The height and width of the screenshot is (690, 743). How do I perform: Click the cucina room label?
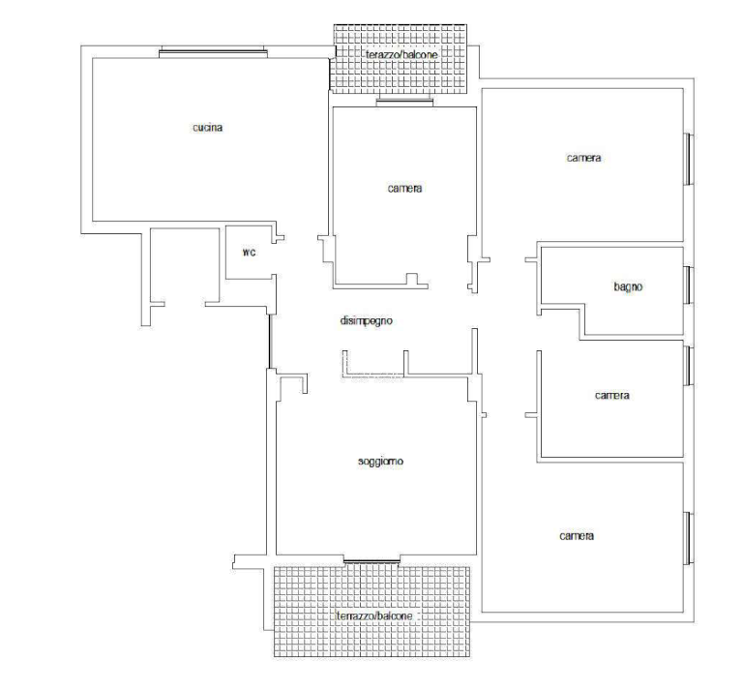click(208, 128)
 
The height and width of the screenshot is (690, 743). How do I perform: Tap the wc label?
click(250, 253)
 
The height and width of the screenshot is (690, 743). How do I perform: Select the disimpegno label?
click(367, 321)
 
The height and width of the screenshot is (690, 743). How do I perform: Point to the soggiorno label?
click(380, 461)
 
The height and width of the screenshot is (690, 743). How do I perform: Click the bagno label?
click(628, 286)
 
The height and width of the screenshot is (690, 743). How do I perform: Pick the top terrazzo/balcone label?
click(401, 54)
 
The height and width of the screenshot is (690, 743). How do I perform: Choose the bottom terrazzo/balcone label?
click(374, 616)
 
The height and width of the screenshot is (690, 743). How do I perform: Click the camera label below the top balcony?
click(404, 189)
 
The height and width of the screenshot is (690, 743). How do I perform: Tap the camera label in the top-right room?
click(583, 158)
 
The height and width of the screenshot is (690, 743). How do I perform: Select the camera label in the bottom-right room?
click(577, 536)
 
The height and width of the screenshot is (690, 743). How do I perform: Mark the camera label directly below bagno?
click(612, 395)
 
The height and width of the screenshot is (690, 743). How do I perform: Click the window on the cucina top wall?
click(213, 52)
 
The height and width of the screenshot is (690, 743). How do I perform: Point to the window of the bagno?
click(688, 285)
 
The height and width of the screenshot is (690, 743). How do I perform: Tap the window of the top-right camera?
click(688, 159)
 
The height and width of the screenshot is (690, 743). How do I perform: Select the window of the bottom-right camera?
click(688, 538)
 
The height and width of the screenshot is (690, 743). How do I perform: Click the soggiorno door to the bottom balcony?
click(371, 561)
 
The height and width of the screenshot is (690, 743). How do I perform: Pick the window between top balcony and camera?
click(404, 101)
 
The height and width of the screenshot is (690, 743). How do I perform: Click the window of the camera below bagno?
click(688, 366)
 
